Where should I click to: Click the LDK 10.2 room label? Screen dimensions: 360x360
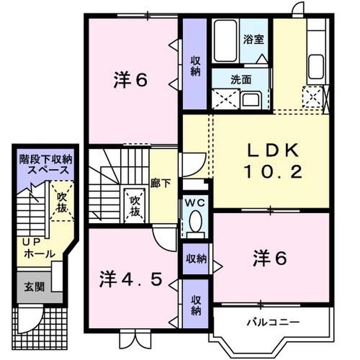[273, 162]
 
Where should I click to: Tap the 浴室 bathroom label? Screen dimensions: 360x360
[254, 39]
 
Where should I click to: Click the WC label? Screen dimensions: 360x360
[195, 203]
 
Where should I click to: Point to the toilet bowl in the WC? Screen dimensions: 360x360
[195, 221]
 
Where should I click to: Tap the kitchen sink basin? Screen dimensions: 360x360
[316, 66]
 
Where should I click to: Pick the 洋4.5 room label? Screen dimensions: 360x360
[131, 279]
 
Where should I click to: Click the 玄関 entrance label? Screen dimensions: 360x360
[34, 286]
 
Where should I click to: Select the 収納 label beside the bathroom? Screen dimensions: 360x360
[195, 66]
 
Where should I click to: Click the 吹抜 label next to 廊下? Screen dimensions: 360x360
[135, 206]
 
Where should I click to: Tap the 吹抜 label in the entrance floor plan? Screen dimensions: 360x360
[62, 202]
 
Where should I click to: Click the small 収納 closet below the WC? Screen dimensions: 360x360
[196, 259]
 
